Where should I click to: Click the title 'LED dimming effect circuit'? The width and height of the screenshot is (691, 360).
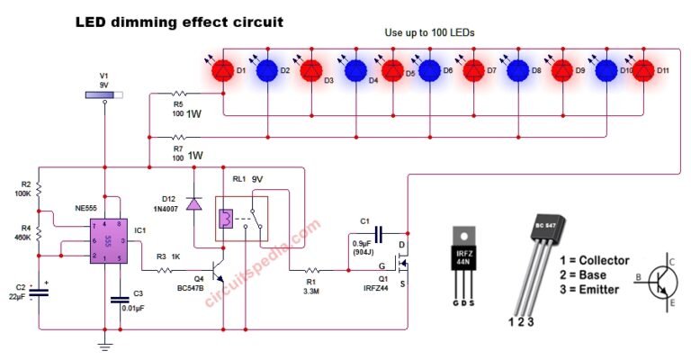pyautogui.click(x=181, y=20)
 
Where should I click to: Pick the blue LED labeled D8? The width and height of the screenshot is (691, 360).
pyautogui.click(x=517, y=70)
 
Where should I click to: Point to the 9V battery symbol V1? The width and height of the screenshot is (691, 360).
pyautogui.click(x=104, y=94)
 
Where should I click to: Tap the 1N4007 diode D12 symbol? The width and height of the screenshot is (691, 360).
pyautogui.click(x=193, y=204)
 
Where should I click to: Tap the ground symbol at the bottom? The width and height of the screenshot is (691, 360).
pyautogui.click(x=105, y=346)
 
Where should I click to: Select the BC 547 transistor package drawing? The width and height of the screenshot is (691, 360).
pyautogui.click(x=545, y=256)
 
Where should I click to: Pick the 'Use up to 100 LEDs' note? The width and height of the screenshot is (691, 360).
pyautogui.click(x=429, y=32)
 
